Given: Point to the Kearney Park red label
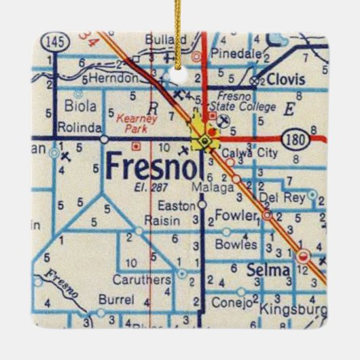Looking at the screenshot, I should (x=137, y=122).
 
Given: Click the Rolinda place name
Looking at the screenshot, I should (x=80, y=127).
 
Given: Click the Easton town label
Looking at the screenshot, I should (x=173, y=203).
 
